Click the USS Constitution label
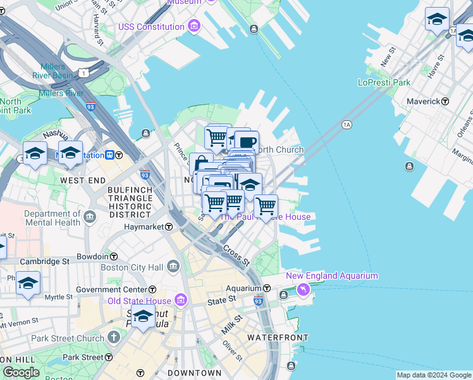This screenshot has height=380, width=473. tap(150, 27)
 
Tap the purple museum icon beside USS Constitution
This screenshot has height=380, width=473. tap(194, 27)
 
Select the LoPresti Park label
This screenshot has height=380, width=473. tap(384, 82)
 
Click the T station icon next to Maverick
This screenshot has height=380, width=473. tap(445, 101)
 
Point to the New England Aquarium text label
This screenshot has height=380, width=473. tap(332, 275)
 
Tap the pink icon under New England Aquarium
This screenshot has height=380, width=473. tap(304, 289)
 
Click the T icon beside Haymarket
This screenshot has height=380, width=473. tap(169, 227)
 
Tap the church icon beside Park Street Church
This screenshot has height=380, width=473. tap(114, 338)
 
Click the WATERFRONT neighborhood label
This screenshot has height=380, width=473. tap(278, 338)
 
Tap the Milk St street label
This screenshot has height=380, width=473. tap(232, 325)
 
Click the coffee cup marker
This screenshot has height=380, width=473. tap(248, 142)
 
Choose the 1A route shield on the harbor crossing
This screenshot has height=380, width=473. tap(346, 125)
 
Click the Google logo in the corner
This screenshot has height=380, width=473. tap(21, 372)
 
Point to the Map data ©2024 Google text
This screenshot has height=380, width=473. tap(434, 375)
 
